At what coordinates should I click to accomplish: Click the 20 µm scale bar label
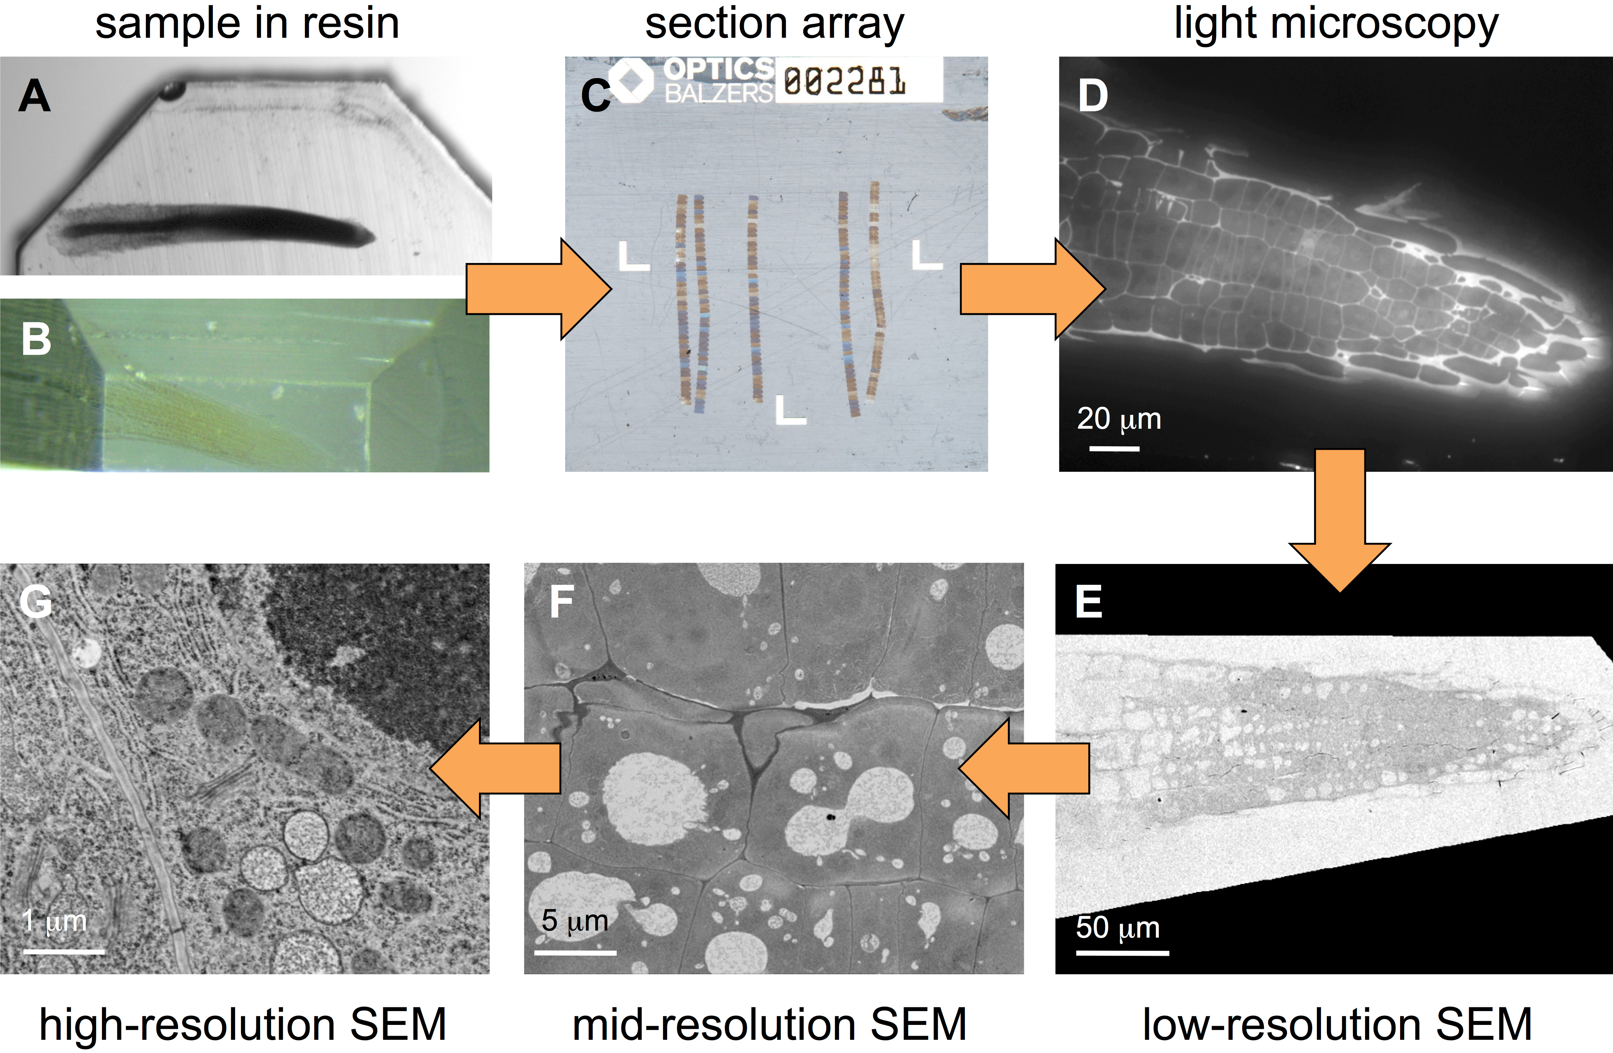pos(1119,419)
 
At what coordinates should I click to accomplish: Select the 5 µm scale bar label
pos(575,921)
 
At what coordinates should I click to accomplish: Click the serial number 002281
pos(845,81)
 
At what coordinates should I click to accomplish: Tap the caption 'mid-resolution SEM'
pos(769,1024)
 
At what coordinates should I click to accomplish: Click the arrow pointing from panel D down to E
pos(1340,520)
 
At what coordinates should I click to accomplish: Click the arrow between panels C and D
pos(1033,289)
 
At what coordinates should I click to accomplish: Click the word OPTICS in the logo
pos(718,68)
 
